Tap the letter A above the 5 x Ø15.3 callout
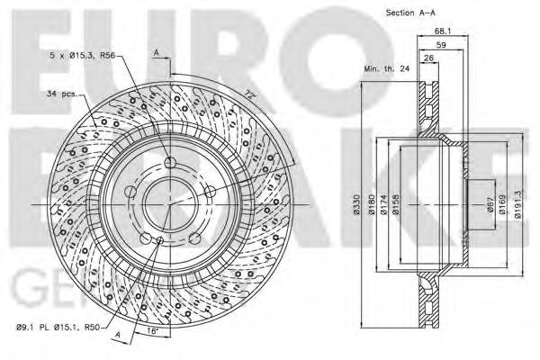click(x=156, y=53)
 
